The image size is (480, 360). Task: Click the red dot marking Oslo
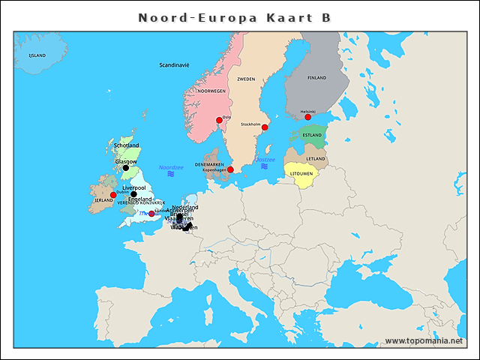point(220,120)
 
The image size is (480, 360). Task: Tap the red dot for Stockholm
point(264,127)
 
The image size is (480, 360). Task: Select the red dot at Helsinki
point(307,117)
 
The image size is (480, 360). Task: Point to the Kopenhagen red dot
point(230,169)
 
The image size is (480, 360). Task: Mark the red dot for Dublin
point(113,195)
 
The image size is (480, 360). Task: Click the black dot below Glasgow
point(126,168)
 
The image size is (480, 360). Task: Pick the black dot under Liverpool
point(133,193)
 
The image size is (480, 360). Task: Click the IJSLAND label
point(37,55)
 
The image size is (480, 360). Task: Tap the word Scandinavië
point(174,65)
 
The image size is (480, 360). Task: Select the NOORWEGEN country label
point(211,91)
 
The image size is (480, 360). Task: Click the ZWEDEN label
point(246,79)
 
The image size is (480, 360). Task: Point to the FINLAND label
point(317,77)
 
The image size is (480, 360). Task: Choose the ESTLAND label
point(312,136)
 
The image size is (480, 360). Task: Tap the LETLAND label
point(316,159)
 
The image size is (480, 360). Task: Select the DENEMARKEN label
point(209,164)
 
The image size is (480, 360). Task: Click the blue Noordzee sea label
point(170,167)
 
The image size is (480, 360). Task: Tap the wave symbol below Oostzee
point(265,166)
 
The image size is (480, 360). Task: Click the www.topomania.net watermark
point(424,340)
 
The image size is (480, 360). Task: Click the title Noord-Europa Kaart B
point(234,17)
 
